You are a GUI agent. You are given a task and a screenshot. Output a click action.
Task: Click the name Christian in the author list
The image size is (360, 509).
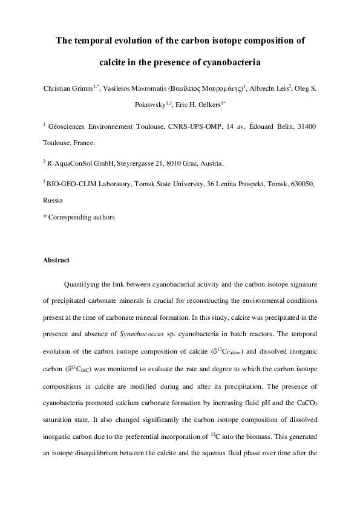(x=57, y=88)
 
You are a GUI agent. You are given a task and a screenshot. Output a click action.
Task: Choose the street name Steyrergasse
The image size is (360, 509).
(x=134, y=163)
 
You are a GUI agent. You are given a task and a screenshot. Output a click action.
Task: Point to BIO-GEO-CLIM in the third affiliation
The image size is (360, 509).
(x=70, y=183)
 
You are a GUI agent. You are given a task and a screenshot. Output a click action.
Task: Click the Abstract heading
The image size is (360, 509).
(x=56, y=261)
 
